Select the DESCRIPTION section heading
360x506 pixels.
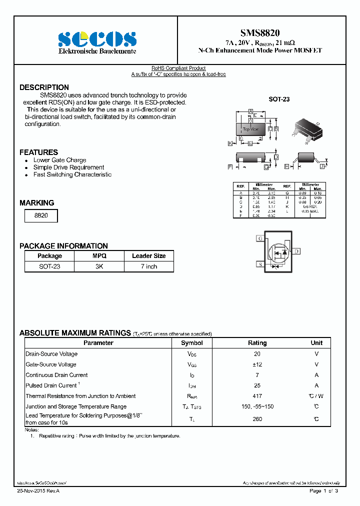coord(44,87)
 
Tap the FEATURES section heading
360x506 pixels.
coord(38,152)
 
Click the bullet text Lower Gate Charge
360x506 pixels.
coord(59,160)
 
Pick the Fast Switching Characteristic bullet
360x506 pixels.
coord(72,174)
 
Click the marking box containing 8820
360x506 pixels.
coord(41,215)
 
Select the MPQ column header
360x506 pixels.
coord(99,255)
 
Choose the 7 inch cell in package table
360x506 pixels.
coord(148,266)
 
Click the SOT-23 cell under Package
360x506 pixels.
coord(49,266)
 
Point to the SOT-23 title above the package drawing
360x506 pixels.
coord(279,99)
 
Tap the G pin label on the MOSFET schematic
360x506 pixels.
coord(260,238)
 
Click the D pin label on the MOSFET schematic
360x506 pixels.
coord(296,251)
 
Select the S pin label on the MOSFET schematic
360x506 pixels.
coord(260,264)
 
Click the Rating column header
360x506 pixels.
coord(257,343)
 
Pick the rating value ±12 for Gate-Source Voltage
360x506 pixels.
coord(257,364)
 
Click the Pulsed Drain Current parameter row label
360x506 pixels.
coord(51,385)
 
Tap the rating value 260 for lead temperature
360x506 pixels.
coord(257,419)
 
